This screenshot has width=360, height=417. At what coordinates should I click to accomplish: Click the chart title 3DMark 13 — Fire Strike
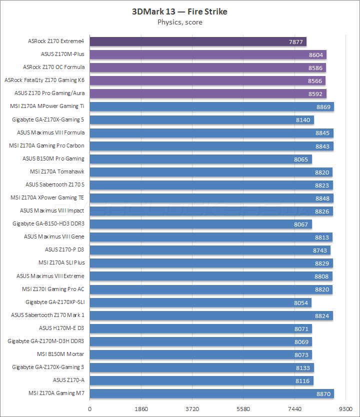179,11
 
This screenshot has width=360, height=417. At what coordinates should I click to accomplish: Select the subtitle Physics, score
179,22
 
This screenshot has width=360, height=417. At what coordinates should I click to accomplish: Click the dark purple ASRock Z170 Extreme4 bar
197,41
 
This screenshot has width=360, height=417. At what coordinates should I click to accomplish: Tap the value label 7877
296,42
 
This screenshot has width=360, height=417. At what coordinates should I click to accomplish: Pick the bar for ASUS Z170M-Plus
207,54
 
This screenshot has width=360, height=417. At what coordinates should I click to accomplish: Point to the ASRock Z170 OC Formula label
54,67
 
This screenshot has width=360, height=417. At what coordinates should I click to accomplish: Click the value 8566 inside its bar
315,81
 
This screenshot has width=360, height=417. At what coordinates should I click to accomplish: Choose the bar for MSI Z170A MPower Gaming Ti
211,106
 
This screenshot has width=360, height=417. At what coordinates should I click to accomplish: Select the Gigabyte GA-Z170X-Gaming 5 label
48,119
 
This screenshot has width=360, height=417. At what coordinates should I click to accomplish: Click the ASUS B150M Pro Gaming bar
200,158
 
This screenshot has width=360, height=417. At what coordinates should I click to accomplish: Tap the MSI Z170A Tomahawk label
57,171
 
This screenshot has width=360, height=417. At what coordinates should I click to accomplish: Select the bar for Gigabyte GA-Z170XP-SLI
200,302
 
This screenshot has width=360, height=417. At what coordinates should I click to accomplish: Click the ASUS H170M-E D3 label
61,328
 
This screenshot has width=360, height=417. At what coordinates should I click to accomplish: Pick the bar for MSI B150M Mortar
200,354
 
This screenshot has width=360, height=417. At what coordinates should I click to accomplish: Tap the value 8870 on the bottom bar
323,394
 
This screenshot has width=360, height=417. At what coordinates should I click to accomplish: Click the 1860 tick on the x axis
141,408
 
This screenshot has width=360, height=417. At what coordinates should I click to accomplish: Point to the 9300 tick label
345,408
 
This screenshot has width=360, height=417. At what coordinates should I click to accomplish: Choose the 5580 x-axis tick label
243,408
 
